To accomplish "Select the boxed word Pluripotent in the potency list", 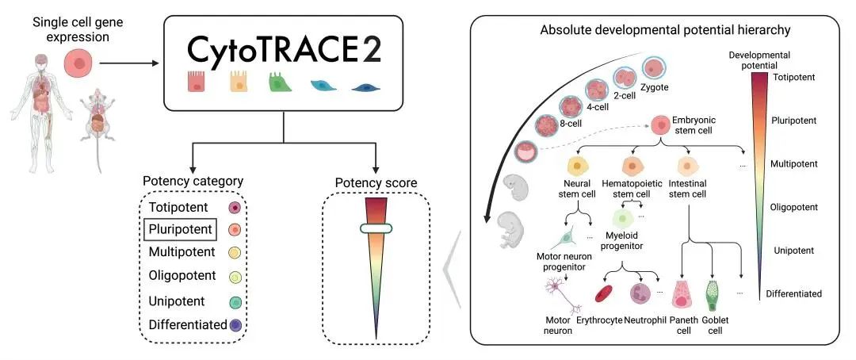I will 180,230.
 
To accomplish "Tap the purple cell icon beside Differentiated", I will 235,324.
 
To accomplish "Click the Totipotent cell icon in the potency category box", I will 235,209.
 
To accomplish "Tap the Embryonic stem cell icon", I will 660,124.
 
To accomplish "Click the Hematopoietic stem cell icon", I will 633,167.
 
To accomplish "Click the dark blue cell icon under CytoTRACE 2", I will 365,86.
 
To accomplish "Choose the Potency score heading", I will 376,183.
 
